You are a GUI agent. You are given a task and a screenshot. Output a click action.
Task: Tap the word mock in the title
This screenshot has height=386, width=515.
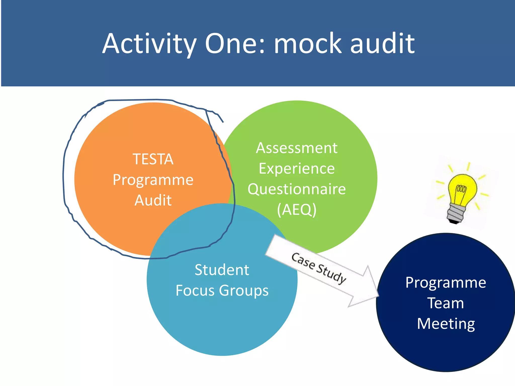(308, 44)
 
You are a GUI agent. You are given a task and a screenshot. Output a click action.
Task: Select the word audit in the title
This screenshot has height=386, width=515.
(382, 44)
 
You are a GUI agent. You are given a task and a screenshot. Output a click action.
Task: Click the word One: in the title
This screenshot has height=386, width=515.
(235, 44)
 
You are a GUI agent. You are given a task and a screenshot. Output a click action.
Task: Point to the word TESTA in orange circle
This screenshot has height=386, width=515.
(153, 159)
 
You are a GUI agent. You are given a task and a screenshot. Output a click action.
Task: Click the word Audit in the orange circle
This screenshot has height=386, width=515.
(153, 201)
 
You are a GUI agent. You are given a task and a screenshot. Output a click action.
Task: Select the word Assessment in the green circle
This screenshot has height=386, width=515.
(297, 148)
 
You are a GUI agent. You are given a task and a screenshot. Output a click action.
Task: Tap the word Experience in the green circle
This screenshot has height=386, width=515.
(297, 169)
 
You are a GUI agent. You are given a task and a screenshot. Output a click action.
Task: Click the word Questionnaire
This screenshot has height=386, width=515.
(297, 189)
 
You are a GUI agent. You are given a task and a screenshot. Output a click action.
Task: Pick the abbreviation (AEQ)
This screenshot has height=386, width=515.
(297, 210)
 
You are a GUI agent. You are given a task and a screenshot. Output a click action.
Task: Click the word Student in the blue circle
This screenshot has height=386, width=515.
(222, 270)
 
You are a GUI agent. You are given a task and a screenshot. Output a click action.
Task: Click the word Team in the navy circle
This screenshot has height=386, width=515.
(446, 303)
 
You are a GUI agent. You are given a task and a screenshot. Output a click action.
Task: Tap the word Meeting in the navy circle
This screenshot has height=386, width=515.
(446, 324)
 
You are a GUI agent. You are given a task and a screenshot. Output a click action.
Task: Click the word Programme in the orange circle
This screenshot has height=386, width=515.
(153, 180)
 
